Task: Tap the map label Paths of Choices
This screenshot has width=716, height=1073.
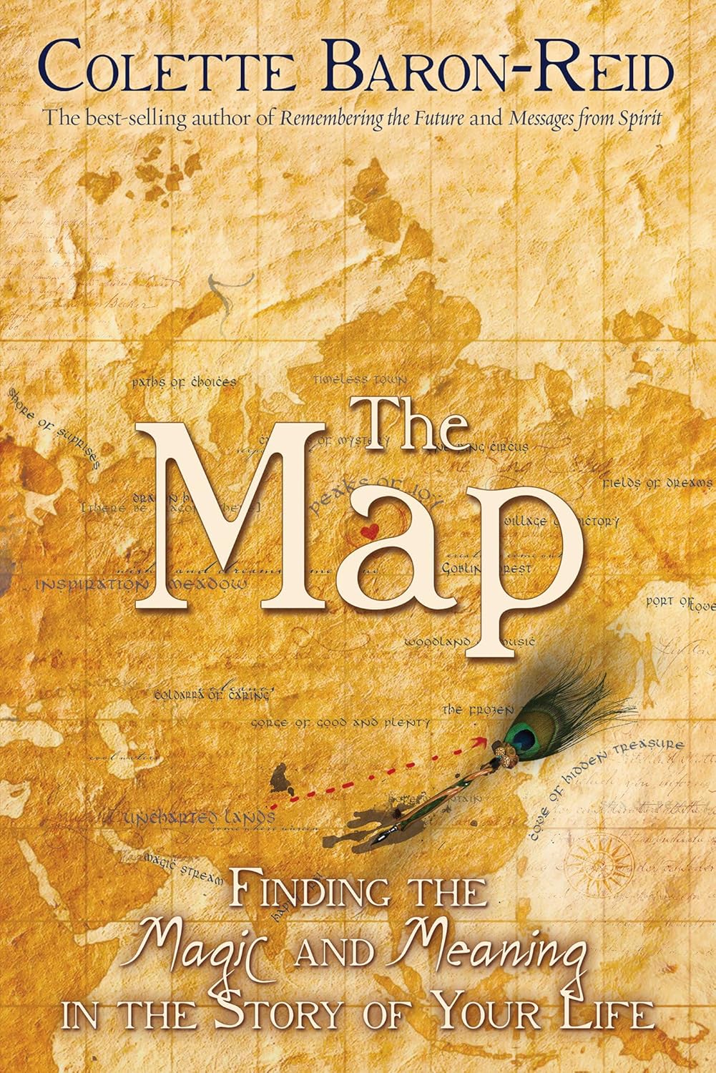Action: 184,383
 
